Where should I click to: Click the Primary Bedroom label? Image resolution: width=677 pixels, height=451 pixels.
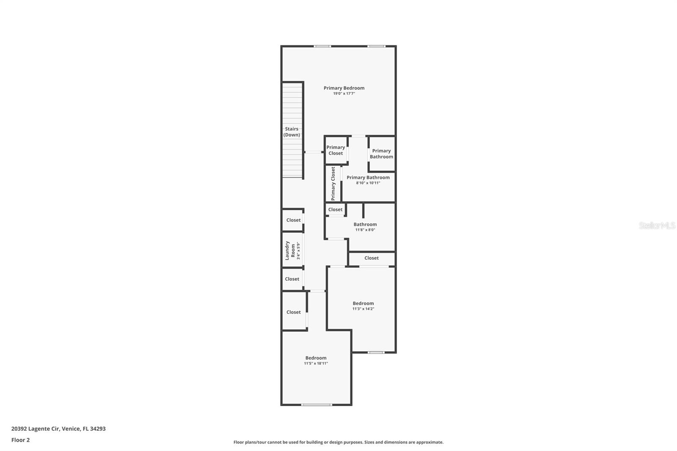pos(344,88)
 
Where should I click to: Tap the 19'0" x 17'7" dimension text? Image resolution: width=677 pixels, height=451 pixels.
pos(344,93)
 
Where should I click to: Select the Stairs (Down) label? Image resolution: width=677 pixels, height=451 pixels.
pos(292,132)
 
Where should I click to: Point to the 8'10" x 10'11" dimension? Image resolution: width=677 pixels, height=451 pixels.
pos(368,183)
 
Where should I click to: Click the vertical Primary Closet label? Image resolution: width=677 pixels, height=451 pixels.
pos(333,184)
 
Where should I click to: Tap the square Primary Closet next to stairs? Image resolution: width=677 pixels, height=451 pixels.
pos(336,150)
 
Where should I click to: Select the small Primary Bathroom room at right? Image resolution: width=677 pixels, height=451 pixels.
pos(381,154)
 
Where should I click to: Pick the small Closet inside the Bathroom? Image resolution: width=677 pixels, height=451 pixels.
pos(335,209)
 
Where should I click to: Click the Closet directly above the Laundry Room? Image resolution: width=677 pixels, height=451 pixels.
pos(293,220)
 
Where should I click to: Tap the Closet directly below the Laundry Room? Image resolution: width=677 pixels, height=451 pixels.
pos(292,279)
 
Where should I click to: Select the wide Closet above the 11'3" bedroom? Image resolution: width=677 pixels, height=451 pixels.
pos(372,258)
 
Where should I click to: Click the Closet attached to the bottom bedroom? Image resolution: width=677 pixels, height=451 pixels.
pos(293,312)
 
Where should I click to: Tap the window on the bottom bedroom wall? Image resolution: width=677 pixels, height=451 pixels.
pos(316,405)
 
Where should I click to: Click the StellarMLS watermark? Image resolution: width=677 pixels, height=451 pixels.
pos(657,225)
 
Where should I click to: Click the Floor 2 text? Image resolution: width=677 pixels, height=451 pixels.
pos(20,440)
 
